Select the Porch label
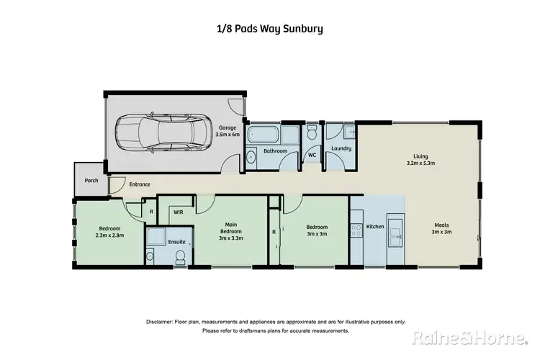91,180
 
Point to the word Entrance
140,185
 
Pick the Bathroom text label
275,151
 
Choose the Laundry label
341,149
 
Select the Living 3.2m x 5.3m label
420,158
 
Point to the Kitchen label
375,227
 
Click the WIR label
178,212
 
